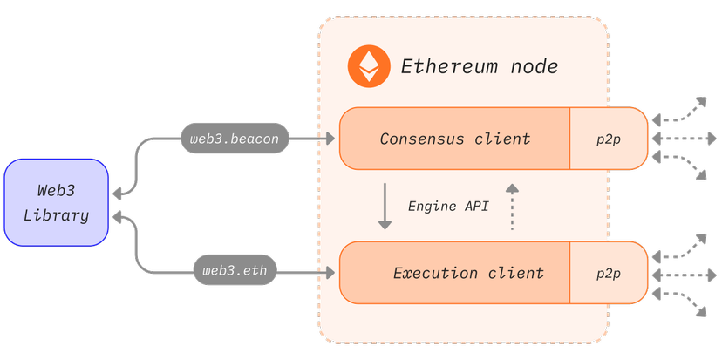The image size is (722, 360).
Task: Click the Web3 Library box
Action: pyautogui.click(x=56, y=202)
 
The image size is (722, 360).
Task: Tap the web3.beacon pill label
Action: pyautogui.click(x=234, y=139)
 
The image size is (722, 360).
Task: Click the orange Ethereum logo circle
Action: pyautogui.click(x=369, y=67)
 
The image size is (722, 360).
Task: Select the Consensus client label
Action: pyautogui.click(x=454, y=139)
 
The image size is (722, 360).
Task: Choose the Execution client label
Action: pyautogui.click(x=468, y=273)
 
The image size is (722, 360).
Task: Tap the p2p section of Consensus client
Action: pyautogui.click(x=608, y=139)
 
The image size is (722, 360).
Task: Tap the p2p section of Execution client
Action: pyautogui.click(x=608, y=273)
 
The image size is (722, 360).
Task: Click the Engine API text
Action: pyautogui.click(x=448, y=207)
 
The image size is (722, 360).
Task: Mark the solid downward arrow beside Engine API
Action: pyautogui.click(x=385, y=207)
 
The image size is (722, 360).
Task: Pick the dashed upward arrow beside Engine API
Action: pyautogui.click(x=512, y=207)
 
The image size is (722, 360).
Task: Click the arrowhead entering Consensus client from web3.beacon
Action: pyautogui.click(x=330, y=139)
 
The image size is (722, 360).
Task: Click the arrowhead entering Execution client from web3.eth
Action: pyautogui.click(x=330, y=273)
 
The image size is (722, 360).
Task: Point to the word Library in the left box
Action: pyautogui.click(x=62, y=215)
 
